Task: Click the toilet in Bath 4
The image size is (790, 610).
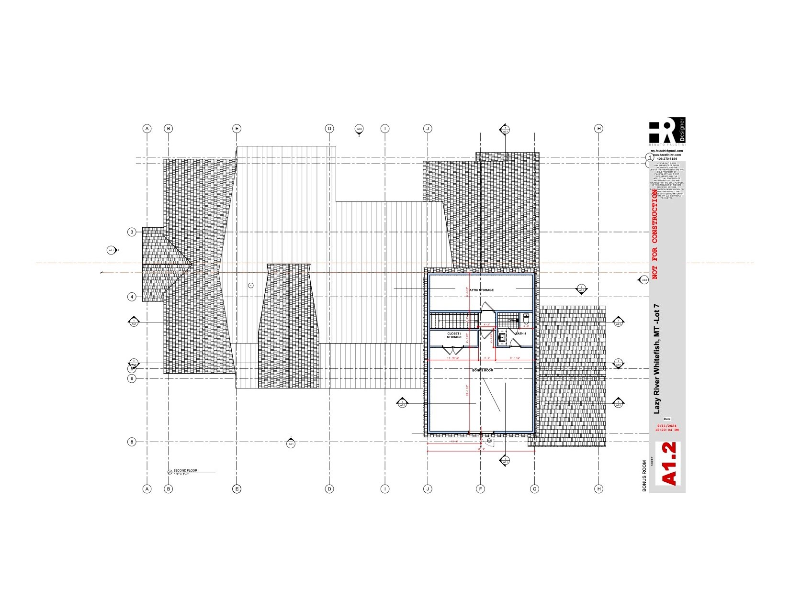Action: (526, 318)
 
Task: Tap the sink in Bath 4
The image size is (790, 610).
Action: (502, 337)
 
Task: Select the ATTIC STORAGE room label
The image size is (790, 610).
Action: (481, 290)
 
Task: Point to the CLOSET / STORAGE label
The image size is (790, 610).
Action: (454, 335)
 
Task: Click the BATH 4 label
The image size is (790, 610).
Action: (520, 333)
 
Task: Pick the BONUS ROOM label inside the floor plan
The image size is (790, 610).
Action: (482, 370)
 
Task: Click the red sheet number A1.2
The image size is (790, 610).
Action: (668, 464)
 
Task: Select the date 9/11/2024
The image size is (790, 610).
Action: (666, 426)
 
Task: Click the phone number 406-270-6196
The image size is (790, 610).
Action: (667, 158)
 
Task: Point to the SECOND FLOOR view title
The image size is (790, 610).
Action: (185, 471)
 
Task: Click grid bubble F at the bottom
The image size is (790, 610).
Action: (480, 489)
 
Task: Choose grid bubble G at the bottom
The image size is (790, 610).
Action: (535, 489)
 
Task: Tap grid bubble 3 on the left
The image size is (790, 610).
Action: (132, 232)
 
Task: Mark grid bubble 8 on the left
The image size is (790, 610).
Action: (132, 442)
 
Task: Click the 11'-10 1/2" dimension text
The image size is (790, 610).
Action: (453, 358)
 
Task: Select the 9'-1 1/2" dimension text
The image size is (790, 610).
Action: (515, 358)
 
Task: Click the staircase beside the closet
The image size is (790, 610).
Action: (452, 320)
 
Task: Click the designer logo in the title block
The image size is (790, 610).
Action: (667, 130)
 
